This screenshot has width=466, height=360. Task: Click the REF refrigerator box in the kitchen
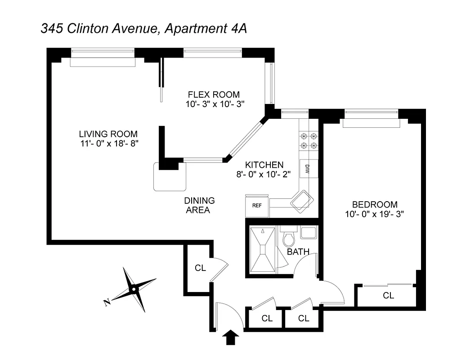tap(256, 206)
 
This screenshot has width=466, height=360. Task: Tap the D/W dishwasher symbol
tap(308, 169)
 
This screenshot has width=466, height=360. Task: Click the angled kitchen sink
tap(300, 201)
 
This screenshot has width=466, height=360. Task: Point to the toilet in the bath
tap(288, 238)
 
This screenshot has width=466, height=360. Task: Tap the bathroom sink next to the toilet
tap(308, 233)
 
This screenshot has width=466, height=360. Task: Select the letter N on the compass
tap(107, 302)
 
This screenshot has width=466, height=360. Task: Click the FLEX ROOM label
tap(214, 94)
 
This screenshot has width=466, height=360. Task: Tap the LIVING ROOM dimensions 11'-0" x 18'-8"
tap(108, 144)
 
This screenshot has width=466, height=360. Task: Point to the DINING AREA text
tap(199, 205)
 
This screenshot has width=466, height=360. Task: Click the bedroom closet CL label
tap(388, 296)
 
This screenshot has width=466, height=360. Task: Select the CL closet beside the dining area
tap(200, 268)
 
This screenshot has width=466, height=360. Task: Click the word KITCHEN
tap(264, 165)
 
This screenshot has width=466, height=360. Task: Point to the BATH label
tap(298, 252)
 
